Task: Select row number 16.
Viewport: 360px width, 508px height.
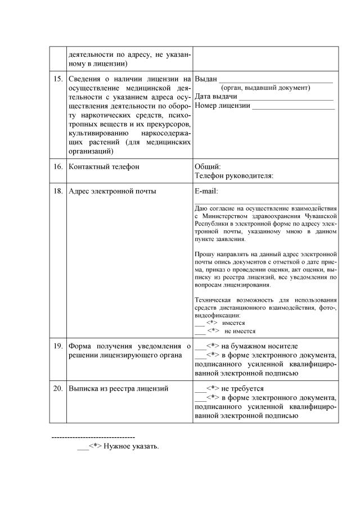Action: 57,167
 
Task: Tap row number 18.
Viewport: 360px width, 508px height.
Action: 57,191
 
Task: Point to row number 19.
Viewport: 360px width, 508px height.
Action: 57,346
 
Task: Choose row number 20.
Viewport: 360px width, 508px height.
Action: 57,389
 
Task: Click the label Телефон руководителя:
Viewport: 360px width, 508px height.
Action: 233,176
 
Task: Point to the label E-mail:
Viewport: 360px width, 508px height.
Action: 206,191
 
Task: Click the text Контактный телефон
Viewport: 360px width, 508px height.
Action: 103,167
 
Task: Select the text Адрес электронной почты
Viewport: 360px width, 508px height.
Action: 112,191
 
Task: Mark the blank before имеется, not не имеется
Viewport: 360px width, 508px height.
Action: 199,324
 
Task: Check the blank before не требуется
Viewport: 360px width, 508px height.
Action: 199,389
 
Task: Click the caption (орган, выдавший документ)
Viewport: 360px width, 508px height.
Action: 265,88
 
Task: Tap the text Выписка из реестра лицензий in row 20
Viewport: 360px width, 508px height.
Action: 118,389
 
